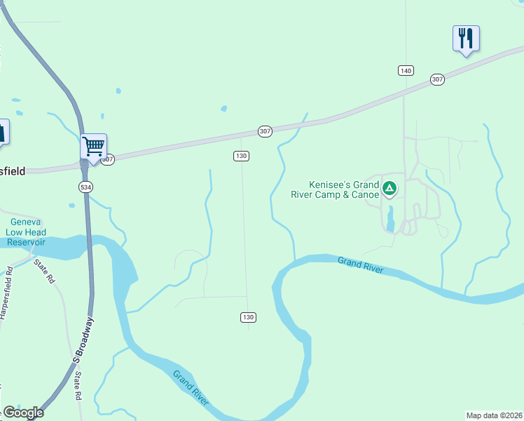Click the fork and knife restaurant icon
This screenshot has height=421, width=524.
[x=466, y=38]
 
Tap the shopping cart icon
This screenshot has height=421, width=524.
[x=93, y=147]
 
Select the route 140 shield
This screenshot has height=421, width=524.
[x=406, y=70]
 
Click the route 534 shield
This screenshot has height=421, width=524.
[x=85, y=187]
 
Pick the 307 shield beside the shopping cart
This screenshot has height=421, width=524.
[x=107, y=159]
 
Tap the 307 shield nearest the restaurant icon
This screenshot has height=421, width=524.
[x=438, y=79]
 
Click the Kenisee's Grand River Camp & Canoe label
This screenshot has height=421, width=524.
[x=335, y=189]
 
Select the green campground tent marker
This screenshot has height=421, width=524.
[x=390, y=188]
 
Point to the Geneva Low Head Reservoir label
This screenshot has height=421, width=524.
[x=26, y=232]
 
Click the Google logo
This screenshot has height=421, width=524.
[x=23, y=413]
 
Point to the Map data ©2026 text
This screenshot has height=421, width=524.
[x=494, y=415]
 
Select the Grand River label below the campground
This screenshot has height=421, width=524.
[x=361, y=265]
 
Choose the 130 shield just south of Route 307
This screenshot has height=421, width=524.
[x=241, y=156]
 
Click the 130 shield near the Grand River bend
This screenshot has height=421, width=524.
[x=248, y=317]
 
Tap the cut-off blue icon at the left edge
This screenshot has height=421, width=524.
[x=3, y=132]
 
